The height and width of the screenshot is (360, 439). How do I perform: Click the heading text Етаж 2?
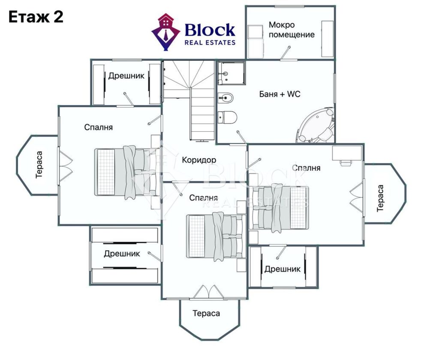[x=36, y=17]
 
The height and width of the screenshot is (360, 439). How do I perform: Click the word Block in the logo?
[x=210, y=30]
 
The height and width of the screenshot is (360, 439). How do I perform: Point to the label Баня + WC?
[x=280, y=94]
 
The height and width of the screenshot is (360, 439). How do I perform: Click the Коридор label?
[x=199, y=160]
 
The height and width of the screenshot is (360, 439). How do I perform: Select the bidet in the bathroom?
[x=226, y=98]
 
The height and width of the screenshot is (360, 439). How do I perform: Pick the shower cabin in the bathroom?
[x=231, y=73]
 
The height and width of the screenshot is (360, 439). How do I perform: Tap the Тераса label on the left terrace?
[x=39, y=165]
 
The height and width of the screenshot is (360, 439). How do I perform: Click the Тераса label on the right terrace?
[x=380, y=198]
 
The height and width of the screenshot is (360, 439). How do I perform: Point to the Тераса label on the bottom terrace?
[x=206, y=313]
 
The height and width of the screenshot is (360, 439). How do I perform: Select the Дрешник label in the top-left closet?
[x=126, y=76]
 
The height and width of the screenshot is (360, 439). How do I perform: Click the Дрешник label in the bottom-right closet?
[x=283, y=269]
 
